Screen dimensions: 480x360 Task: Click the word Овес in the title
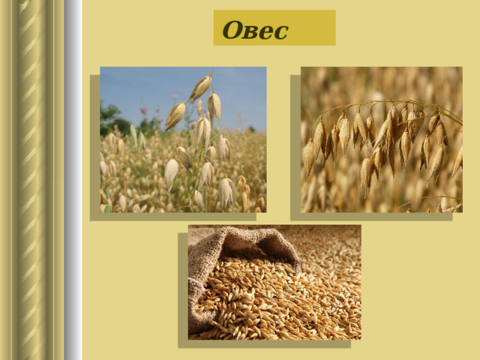pos(255,30)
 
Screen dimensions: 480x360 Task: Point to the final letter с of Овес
pos(281,32)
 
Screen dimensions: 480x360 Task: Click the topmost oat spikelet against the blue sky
pos(200,87)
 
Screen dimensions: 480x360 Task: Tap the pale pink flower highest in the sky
pos(175,96)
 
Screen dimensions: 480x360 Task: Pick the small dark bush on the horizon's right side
pos(252,129)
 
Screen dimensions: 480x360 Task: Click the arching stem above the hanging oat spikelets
pos(388,102)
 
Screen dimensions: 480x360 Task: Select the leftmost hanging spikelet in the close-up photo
pos(308,157)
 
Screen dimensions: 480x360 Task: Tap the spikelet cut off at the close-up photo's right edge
pos(457,162)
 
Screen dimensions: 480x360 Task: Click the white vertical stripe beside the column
pos(73,180)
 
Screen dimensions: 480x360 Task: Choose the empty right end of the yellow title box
pos(312,28)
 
